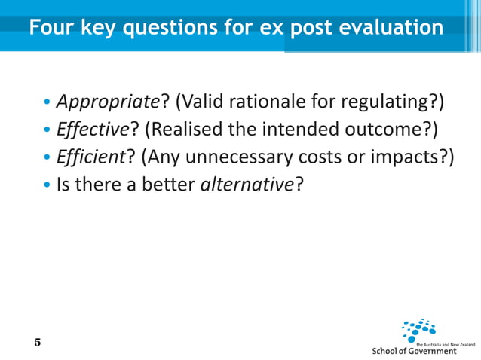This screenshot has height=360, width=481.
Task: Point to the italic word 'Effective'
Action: [x=88, y=129]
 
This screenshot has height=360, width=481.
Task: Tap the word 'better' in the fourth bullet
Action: [x=171, y=183]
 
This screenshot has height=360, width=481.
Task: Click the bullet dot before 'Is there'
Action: [x=47, y=184]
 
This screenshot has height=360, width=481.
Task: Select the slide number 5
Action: [x=38, y=343]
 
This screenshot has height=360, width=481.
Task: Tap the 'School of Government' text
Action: [x=415, y=351]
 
